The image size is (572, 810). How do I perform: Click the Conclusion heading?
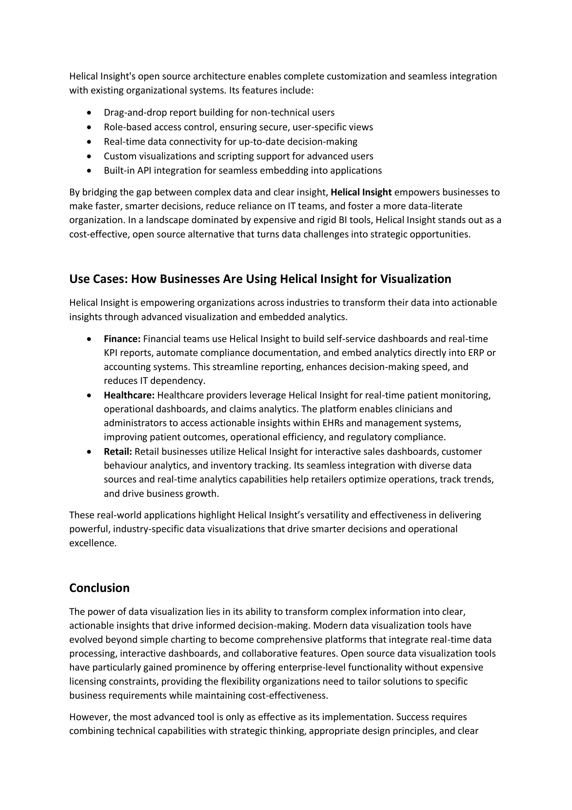point(99,588)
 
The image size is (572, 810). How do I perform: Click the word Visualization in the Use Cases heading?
point(416,279)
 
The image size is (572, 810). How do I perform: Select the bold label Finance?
point(122,339)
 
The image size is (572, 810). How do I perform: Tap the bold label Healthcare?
point(129,395)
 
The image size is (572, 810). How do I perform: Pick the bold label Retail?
point(118,452)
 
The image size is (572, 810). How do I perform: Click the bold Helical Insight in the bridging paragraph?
point(361,192)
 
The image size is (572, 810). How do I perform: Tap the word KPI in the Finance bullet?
point(111,353)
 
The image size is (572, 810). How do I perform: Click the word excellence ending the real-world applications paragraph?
point(92,543)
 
